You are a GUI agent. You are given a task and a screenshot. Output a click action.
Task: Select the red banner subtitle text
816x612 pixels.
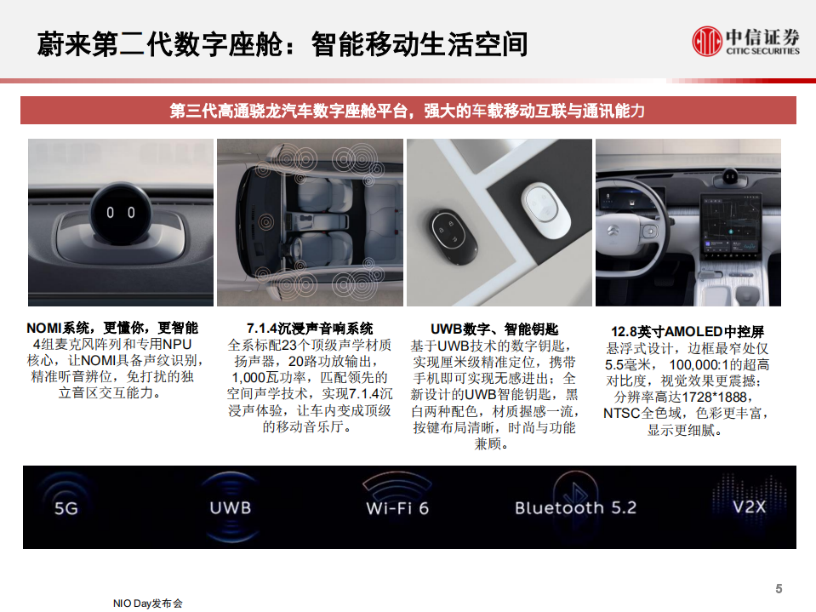tap(408, 111)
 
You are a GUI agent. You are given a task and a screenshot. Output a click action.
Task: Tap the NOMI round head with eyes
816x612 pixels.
tap(120, 212)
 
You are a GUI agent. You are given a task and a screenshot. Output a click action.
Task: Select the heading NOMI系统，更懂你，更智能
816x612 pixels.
tap(112, 329)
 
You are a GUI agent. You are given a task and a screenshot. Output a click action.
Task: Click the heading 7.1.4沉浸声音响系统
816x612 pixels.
tap(310, 329)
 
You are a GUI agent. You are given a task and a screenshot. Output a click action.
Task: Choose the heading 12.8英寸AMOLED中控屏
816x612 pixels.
tap(688, 331)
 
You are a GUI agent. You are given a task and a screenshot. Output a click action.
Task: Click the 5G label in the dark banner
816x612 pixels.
tap(66, 509)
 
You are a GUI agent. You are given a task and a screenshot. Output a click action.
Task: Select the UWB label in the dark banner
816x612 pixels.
tap(230, 508)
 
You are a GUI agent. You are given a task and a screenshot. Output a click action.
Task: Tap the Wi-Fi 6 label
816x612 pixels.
tap(397, 509)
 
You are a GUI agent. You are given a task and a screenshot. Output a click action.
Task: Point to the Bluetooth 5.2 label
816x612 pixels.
tap(575, 508)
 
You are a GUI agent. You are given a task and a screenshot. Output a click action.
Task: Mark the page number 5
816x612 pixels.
tap(779, 588)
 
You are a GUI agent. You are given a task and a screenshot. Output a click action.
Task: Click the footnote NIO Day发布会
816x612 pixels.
tap(148, 603)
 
